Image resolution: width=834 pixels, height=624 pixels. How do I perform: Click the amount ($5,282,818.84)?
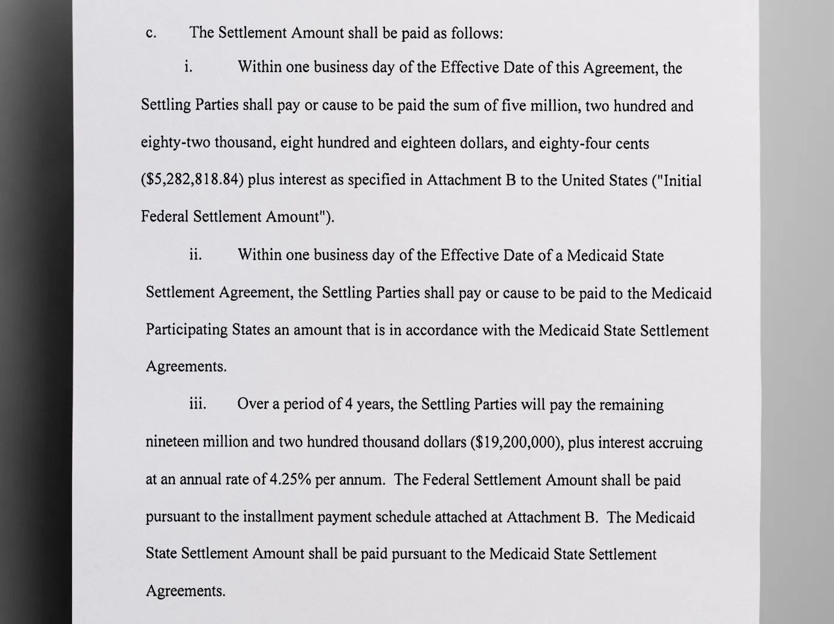click(x=192, y=180)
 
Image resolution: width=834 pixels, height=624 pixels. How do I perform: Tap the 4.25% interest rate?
click(x=290, y=480)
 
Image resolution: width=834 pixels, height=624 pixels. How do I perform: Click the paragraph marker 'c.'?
click(x=151, y=34)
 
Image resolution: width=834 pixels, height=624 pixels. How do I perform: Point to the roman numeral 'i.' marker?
click(x=189, y=67)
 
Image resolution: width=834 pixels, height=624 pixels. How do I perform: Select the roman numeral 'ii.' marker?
click(x=195, y=255)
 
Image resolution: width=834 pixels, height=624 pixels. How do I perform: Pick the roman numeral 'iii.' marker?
click(x=198, y=404)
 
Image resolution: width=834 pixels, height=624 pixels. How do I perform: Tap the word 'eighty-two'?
click(x=175, y=143)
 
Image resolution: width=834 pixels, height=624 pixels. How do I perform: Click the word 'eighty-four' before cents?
click(x=573, y=143)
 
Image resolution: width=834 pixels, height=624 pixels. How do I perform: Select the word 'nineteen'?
click(x=172, y=442)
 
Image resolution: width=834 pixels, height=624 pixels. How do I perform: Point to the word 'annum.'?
click(x=362, y=480)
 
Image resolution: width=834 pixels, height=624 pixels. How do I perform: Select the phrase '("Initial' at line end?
click(x=676, y=181)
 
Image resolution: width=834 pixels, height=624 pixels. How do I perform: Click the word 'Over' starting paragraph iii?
click(x=252, y=404)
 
